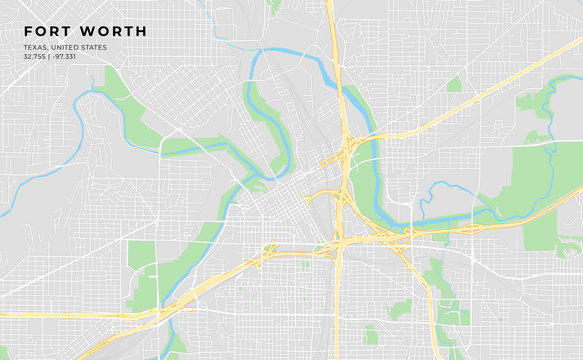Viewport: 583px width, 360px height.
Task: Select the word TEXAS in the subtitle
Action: (x=36, y=47)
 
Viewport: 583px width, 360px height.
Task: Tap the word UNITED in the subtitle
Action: (x=70, y=47)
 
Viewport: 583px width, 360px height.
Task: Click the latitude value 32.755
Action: (x=36, y=57)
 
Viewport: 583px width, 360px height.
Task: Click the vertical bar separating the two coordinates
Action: (x=52, y=57)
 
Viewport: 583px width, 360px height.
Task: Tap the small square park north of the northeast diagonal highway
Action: (x=455, y=84)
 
